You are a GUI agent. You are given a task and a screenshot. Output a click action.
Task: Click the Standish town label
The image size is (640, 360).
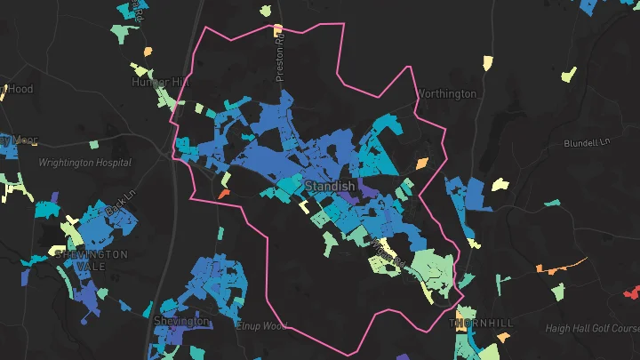[x=330, y=187]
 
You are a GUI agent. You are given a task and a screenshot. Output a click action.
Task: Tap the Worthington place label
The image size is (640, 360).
[x=447, y=93]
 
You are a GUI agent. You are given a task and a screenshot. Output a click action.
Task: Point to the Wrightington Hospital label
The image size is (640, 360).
[x=84, y=163]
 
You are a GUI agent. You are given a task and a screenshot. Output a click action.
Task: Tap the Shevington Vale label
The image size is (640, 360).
[x=92, y=260]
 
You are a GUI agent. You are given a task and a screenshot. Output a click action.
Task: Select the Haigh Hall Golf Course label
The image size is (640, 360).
[x=588, y=329]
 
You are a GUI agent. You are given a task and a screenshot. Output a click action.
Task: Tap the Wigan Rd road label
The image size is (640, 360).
[x=391, y=253]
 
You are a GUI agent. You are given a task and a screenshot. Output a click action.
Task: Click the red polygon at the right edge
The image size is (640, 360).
[x=632, y=292]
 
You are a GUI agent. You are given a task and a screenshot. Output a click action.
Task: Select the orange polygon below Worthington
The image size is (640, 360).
[x=421, y=164]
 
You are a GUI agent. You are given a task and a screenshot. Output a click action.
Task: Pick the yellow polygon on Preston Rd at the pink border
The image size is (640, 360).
[x=278, y=30]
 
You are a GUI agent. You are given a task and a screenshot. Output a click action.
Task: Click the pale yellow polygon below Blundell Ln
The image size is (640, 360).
[x=500, y=185]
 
